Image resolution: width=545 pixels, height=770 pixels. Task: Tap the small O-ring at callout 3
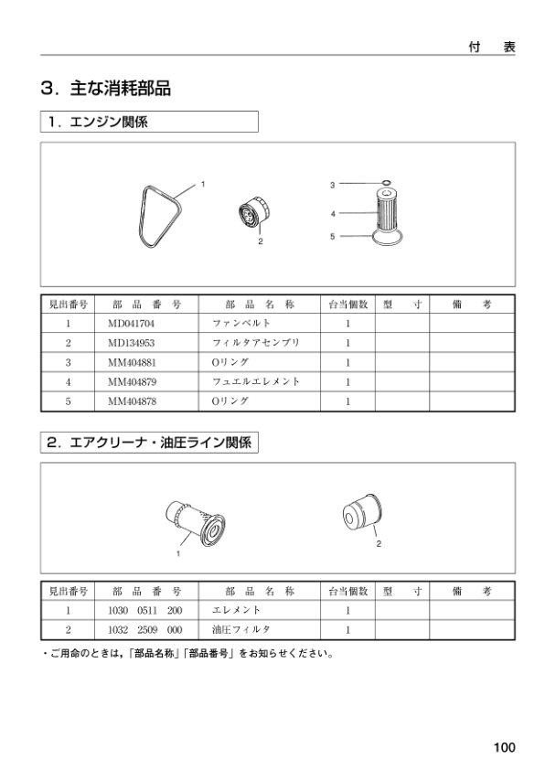[x=386, y=183]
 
